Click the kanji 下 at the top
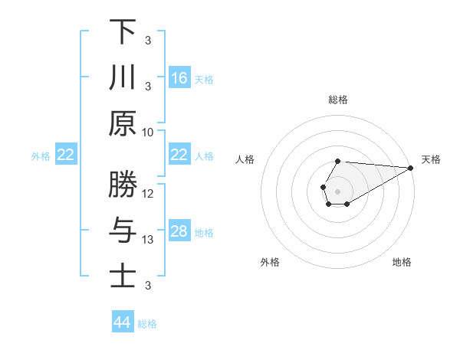pyautogui.click(x=123, y=32)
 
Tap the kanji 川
pyautogui.click(x=123, y=78)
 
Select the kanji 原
pyautogui.click(x=123, y=124)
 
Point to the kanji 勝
pyautogui.click(x=123, y=185)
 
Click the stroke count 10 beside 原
pyautogui.click(x=148, y=132)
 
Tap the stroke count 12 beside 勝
pyautogui.click(x=148, y=193)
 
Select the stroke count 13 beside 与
pyautogui.click(x=148, y=240)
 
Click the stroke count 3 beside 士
pyautogui.click(x=148, y=286)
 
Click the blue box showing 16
pyautogui.click(x=179, y=78)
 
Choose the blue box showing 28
pyautogui.click(x=179, y=231)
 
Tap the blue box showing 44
pyautogui.click(x=122, y=322)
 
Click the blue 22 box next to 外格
pyautogui.click(x=65, y=155)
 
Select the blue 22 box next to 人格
pyautogui.click(x=179, y=155)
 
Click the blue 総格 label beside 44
pyautogui.click(x=147, y=324)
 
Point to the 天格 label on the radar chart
pyautogui.click(x=431, y=159)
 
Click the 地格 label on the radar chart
pyautogui.click(x=402, y=262)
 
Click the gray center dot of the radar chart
pyautogui.click(x=337, y=190)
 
